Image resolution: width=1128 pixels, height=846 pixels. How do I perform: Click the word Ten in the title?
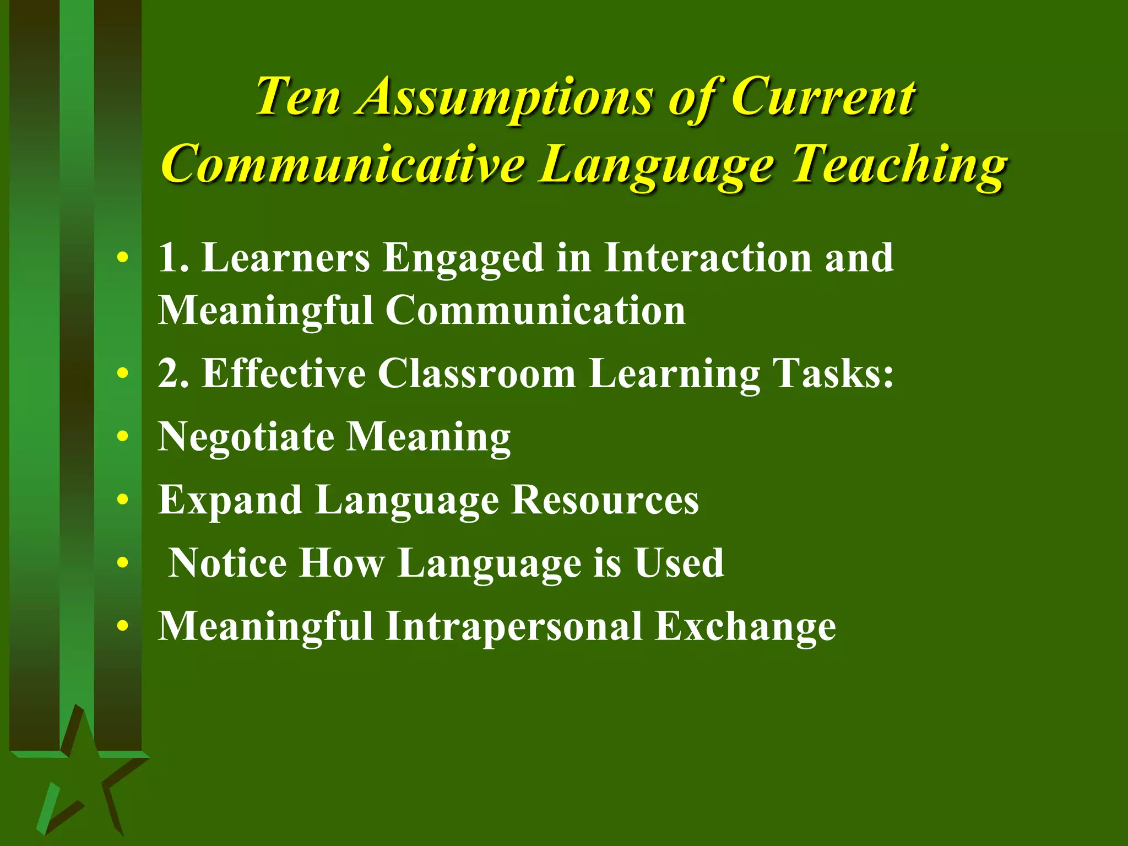click(297, 97)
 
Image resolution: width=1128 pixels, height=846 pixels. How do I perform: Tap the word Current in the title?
click(823, 97)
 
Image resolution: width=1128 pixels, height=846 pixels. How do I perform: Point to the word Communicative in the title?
click(342, 164)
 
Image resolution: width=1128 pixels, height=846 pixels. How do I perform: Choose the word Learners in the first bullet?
click(286, 258)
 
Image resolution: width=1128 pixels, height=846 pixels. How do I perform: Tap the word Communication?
click(535, 310)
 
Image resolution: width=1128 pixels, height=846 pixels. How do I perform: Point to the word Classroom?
click(476, 374)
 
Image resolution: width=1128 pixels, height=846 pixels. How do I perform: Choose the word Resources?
click(605, 500)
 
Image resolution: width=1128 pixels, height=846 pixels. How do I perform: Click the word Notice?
click(227, 563)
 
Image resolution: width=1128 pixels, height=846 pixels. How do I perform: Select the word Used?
click(679, 563)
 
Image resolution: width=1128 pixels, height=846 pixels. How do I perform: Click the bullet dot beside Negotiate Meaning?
click(123, 437)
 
